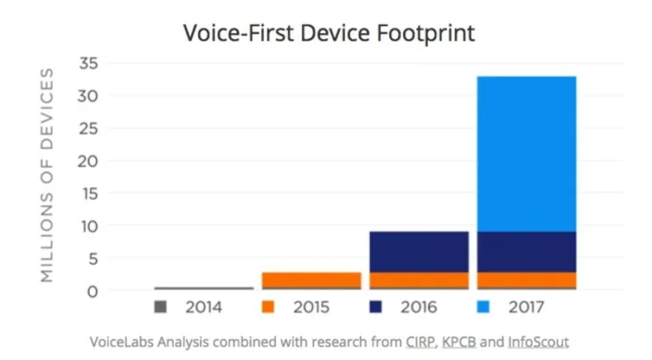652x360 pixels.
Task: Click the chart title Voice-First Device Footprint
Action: (329, 34)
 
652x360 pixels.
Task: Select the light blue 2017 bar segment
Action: (526, 153)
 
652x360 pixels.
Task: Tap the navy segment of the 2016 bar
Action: (419, 251)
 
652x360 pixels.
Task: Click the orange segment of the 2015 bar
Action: (312, 279)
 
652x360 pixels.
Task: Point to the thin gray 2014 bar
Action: (204, 289)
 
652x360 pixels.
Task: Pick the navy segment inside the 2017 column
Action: (526, 251)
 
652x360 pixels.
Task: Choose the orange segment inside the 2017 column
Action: (526, 279)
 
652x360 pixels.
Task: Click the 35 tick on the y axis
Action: (89, 63)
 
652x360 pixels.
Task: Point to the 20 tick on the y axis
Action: (89, 160)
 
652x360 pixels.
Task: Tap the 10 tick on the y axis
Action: (89, 226)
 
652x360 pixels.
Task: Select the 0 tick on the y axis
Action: (93, 291)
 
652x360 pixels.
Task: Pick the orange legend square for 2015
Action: (268, 307)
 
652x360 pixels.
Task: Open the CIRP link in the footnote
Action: (420, 341)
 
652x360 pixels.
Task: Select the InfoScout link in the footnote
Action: (538, 341)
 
